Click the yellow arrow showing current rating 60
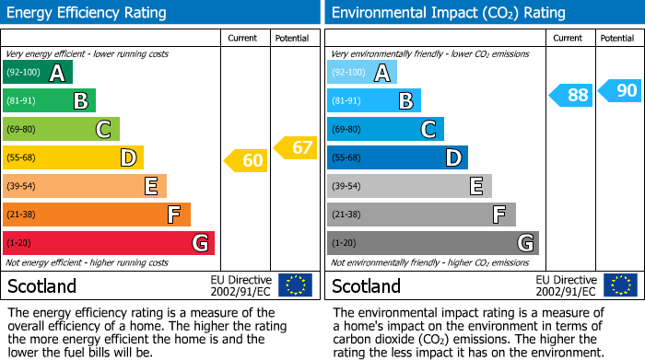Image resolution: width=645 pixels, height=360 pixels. pyautogui.click(x=246, y=161)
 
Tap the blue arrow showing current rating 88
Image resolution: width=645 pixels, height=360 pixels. pyautogui.click(x=571, y=95)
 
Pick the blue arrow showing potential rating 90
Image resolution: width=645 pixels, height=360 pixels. pyautogui.click(x=620, y=90)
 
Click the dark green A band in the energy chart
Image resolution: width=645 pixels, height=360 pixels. pyautogui.click(x=38, y=73)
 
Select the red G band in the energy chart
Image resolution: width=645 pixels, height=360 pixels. pyautogui.click(x=109, y=243)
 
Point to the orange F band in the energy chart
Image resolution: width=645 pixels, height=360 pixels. pyautogui.click(x=97, y=215)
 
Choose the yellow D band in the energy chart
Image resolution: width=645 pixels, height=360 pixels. pyautogui.click(x=73, y=157)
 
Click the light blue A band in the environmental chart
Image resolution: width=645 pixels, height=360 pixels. pyautogui.click(x=362, y=73)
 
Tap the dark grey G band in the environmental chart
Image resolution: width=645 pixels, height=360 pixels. pyautogui.click(x=432, y=243)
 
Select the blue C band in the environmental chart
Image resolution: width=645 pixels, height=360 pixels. pyautogui.click(x=385, y=130)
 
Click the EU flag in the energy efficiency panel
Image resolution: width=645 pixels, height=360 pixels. pyautogui.click(x=295, y=285)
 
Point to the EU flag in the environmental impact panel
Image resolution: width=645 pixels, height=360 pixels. pyautogui.click(x=621, y=285)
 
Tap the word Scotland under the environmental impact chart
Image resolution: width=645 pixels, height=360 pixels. pyautogui.click(x=366, y=286)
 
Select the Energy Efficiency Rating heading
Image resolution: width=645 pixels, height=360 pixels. pyautogui.click(x=88, y=13)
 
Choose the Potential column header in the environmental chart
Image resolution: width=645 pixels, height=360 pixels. pyautogui.click(x=617, y=38)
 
